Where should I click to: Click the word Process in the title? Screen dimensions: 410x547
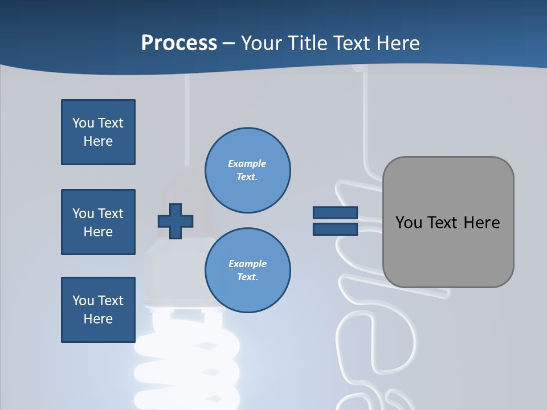[179, 43]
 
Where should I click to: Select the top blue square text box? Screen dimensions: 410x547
[98, 132]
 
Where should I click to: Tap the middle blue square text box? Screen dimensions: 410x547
[98, 222]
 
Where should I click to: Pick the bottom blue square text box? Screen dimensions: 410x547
[98, 310]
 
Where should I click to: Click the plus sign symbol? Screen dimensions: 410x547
[175, 221]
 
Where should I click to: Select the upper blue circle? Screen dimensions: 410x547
[248, 170]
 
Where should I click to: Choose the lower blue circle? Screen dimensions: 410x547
[248, 270]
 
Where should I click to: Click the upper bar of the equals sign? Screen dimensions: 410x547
[335, 212]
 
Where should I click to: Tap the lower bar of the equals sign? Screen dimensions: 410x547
[335, 229]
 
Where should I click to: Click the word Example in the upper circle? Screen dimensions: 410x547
[247, 163]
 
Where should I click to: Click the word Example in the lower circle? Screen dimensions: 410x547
[247, 264]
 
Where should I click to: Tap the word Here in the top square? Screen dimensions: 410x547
[98, 141]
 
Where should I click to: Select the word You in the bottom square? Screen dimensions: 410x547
[83, 301]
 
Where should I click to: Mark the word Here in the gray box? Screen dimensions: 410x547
[481, 223]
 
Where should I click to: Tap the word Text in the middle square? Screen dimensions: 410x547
[111, 214]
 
